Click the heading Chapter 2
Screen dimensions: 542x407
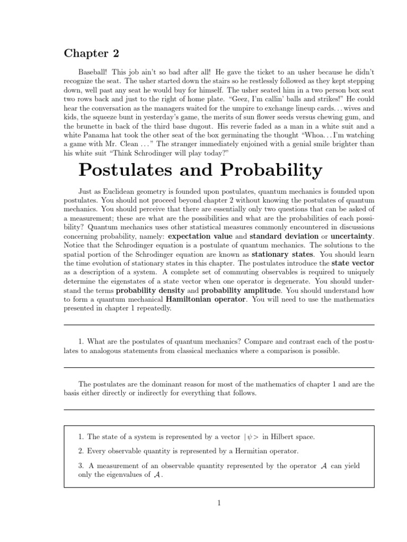coord(92,53)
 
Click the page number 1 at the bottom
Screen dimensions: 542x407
coord(219,502)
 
